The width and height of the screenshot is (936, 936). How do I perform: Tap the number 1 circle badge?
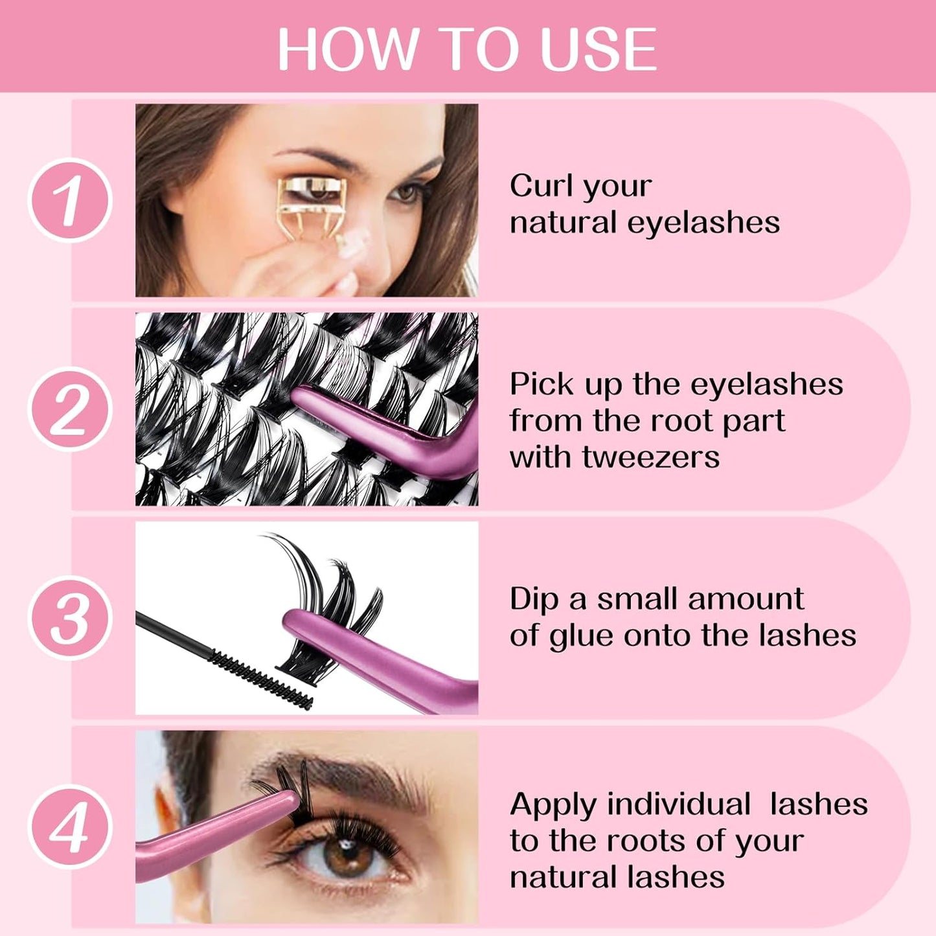(70, 200)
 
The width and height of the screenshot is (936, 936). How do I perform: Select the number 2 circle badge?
(70, 409)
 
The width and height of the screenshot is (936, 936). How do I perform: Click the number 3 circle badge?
(70, 618)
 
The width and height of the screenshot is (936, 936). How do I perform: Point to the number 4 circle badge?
(70, 827)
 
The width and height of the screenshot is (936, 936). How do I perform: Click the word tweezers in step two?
(650, 457)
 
